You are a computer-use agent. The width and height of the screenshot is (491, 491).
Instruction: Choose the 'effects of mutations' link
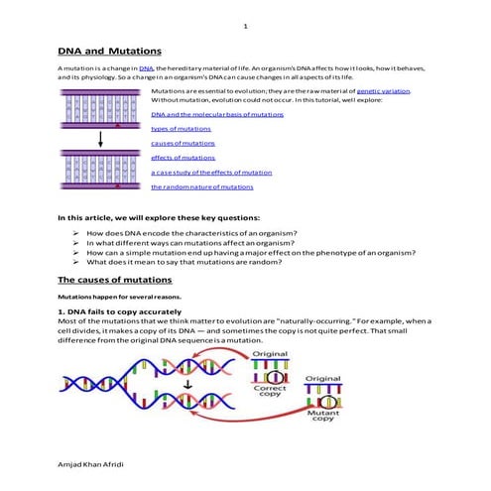183,158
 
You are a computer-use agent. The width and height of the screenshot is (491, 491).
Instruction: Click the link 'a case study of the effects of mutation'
211,172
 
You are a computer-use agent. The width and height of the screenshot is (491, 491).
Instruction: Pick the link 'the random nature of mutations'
201,186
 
